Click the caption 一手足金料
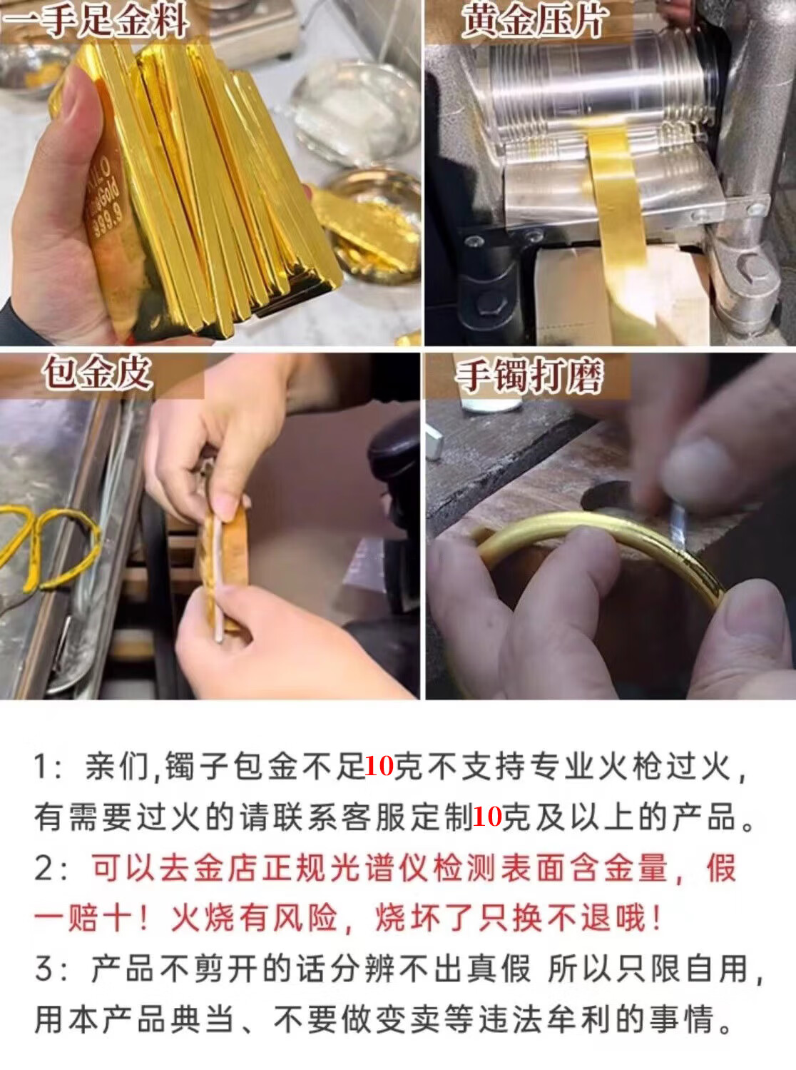click(x=95, y=20)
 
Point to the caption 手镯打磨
click(x=529, y=375)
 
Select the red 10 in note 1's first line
click(x=379, y=766)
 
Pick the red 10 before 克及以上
click(x=487, y=817)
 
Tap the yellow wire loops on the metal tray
click(x=49, y=550)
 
